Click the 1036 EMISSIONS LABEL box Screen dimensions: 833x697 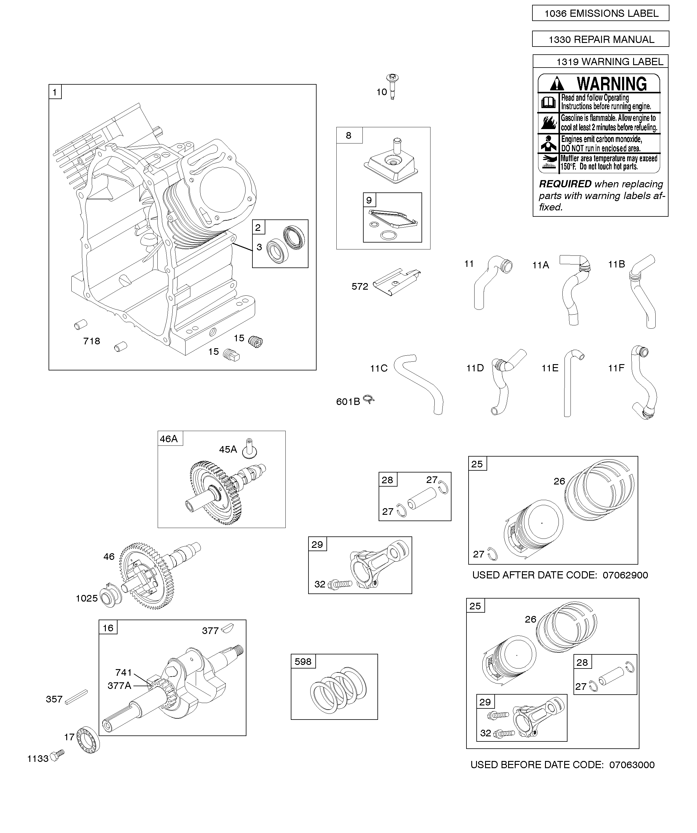click(x=600, y=14)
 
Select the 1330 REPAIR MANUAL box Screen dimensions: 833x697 click(x=600, y=39)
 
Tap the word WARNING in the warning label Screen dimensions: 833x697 click(x=611, y=84)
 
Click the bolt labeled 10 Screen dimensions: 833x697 click(x=392, y=86)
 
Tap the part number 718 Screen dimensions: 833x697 click(x=91, y=341)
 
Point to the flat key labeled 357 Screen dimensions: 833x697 click(x=76, y=696)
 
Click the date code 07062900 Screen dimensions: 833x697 click(x=625, y=575)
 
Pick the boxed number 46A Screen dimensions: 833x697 click(x=169, y=439)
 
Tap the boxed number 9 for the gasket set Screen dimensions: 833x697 click(x=369, y=200)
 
